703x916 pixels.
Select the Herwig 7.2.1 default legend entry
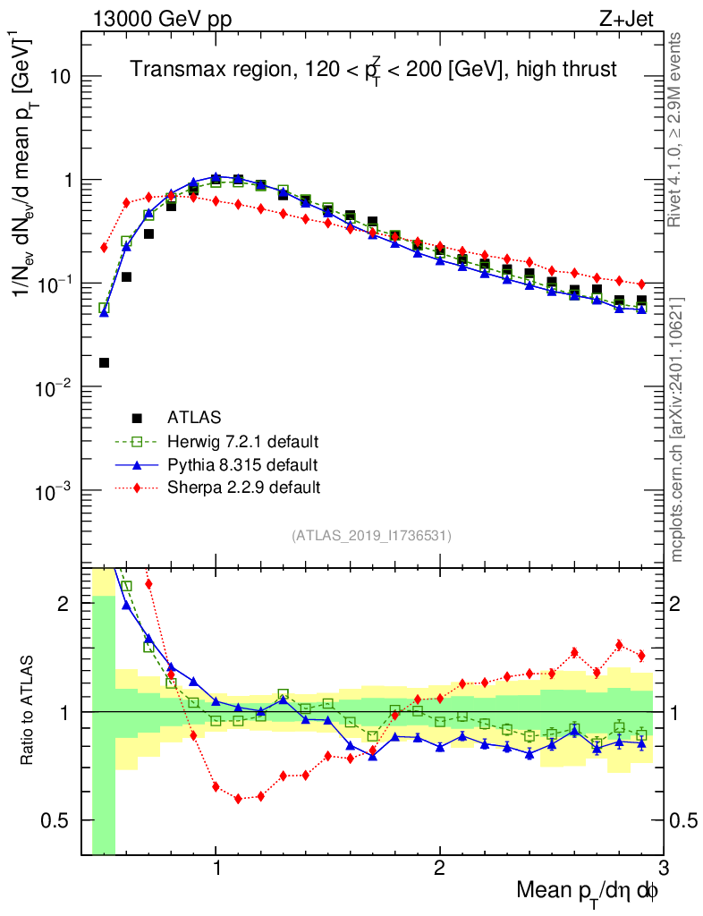click(x=242, y=441)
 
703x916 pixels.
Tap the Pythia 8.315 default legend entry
click(x=241, y=464)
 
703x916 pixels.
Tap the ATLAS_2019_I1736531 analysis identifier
click(x=371, y=536)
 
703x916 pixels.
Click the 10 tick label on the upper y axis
click(x=62, y=77)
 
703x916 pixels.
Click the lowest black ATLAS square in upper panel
click(x=104, y=362)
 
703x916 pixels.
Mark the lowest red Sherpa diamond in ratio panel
click(x=238, y=799)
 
